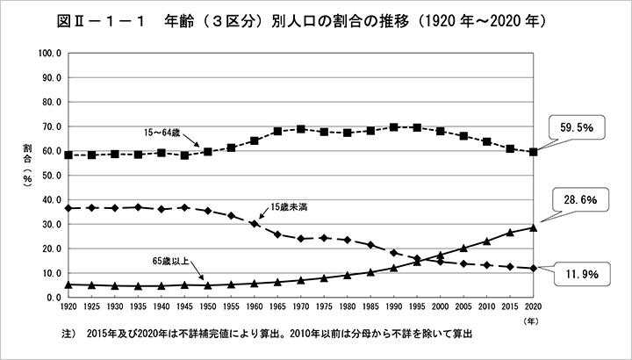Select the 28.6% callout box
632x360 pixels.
tap(578, 201)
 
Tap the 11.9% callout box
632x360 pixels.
tap(578, 274)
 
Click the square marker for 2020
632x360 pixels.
tap(534, 152)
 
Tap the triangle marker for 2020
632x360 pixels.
tap(534, 227)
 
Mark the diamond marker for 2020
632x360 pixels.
tap(534, 268)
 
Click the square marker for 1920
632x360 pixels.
tap(68, 155)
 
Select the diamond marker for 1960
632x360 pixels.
tap(255, 223)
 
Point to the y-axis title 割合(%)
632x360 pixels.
tap(27, 175)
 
